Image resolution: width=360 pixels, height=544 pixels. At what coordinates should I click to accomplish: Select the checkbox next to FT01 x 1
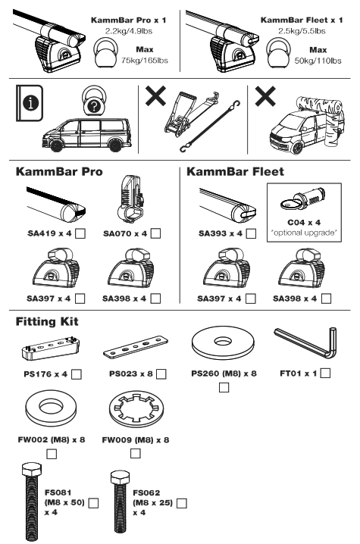[x=326, y=372]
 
